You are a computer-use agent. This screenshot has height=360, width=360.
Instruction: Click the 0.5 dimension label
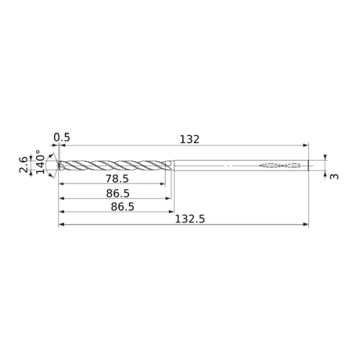tap(62, 138)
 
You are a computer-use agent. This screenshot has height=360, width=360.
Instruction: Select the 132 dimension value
tap(189, 140)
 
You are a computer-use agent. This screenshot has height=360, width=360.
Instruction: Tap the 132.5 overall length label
tap(190, 219)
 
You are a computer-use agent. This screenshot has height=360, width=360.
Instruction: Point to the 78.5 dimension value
tap(117, 179)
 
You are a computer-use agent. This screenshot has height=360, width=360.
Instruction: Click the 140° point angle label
tap(40, 162)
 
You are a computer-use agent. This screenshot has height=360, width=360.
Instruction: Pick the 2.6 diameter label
tap(24, 165)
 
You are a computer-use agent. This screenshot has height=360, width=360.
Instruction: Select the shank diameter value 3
tap(334, 176)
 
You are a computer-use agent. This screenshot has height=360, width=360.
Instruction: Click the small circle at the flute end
tap(168, 163)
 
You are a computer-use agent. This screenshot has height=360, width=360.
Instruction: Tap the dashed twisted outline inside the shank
tap(280, 165)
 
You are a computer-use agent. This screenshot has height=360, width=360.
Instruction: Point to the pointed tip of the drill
tap(58, 165)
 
